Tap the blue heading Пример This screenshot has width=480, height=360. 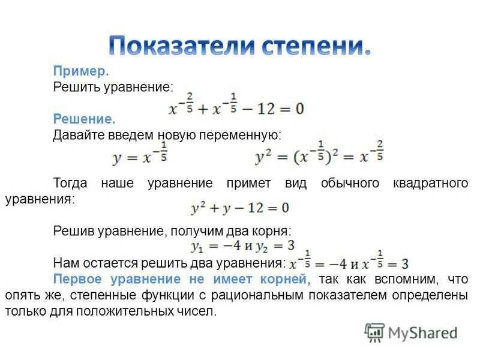pyautogui.click(x=80, y=71)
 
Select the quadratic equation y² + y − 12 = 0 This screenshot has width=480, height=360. pyautogui.click(x=240, y=208)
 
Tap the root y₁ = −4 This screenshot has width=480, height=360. pyautogui.click(x=215, y=246)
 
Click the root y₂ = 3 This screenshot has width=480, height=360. pyautogui.click(x=275, y=246)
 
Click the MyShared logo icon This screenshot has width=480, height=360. pyautogui.click(x=374, y=332)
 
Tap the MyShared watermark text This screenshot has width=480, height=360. pyautogui.click(x=422, y=332)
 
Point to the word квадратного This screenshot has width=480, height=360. pyautogui.click(x=430, y=183)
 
